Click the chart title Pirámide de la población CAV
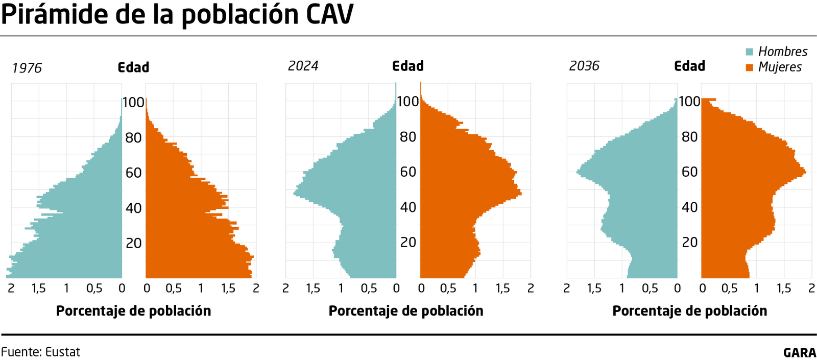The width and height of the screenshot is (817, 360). [x=177, y=14]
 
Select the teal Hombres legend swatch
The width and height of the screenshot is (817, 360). [x=750, y=52]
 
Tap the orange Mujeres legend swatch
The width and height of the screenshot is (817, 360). [x=750, y=67]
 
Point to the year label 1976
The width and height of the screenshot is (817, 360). [x=27, y=68]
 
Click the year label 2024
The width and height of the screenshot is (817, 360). [x=303, y=66]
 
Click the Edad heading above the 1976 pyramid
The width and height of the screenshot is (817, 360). [x=133, y=67]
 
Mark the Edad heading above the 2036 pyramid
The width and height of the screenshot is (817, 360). [x=689, y=66]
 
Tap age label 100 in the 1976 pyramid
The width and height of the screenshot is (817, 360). [x=133, y=102]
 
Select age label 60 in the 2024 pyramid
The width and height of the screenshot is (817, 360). [x=408, y=172]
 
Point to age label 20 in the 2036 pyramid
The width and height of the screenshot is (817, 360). [x=689, y=242]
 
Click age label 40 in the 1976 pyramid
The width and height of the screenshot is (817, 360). [x=133, y=208]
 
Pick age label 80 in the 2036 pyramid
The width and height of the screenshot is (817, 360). [x=689, y=137]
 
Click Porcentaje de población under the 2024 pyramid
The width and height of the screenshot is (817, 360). [x=406, y=311]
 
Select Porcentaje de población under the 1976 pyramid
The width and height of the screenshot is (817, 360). [x=133, y=311]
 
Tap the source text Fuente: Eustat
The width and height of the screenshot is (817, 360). [x=41, y=352]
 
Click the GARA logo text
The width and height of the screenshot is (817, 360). [x=800, y=352]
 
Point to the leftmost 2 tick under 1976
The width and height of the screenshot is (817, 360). [x=11, y=289]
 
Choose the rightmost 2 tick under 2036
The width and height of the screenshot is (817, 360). [x=811, y=289]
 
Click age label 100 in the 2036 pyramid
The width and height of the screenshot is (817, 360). [x=689, y=102]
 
